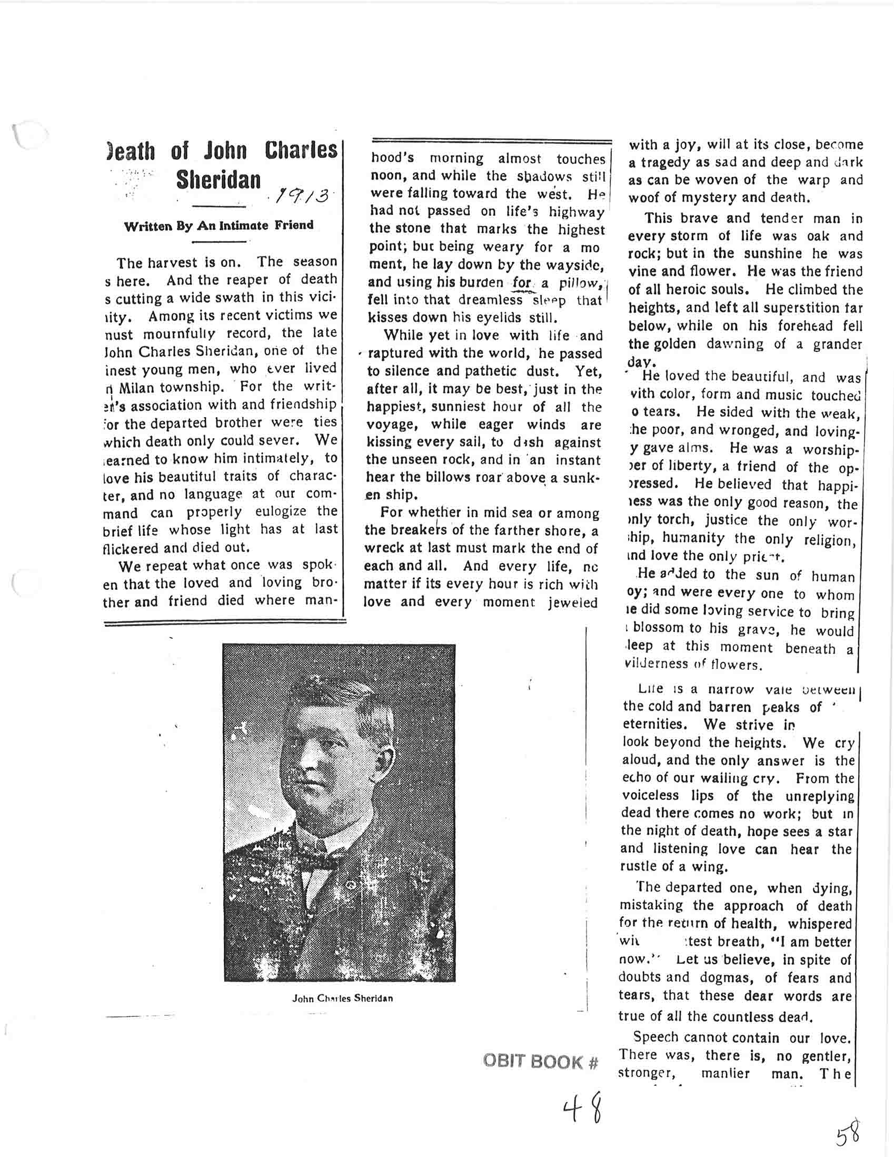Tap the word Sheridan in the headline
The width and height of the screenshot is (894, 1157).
pyautogui.click(x=218, y=181)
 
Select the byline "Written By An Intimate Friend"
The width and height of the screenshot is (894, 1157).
pyautogui.click(x=218, y=226)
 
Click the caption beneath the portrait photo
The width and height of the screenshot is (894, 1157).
pyautogui.click(x=342, y=998)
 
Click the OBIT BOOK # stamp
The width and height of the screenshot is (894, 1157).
pyautogui.click(x=540, y=1062)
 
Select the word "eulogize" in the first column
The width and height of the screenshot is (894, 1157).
pyautogui.click(x=281, y=512)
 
